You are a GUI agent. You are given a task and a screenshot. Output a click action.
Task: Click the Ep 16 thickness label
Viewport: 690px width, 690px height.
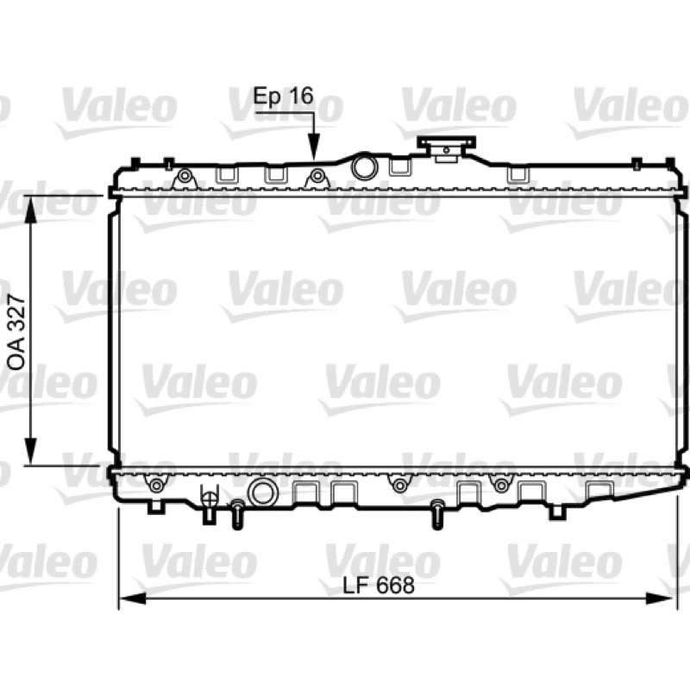(283, 97)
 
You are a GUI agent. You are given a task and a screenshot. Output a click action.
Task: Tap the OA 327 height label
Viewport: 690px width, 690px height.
(17, 332)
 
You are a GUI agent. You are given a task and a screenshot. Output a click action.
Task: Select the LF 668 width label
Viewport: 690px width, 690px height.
(379, 586)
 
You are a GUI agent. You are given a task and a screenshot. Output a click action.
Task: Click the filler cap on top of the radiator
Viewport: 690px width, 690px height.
(447, 148)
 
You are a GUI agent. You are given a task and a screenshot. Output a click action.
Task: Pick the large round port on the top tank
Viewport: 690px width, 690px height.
(364, 166)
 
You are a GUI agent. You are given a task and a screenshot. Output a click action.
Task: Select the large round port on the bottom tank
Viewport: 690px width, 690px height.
(263, 492)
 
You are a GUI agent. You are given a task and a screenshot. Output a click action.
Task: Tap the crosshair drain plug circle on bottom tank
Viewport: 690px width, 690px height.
(209, 499)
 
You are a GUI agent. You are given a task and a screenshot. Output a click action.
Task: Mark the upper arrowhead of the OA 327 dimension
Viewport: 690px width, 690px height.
(30, 209)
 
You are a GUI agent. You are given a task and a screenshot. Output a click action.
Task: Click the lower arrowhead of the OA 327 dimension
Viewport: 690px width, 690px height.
(30, 450)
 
